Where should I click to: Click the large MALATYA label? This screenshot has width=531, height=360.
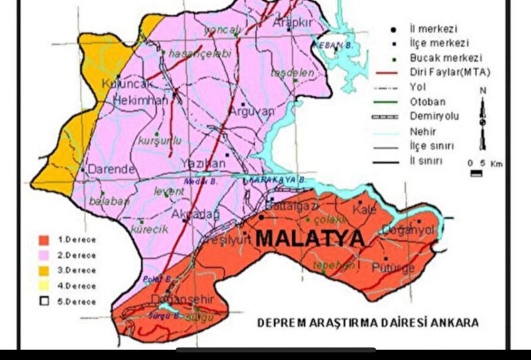310,238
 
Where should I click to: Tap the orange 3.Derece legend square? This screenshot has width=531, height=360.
44,270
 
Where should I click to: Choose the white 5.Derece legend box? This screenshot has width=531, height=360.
44,301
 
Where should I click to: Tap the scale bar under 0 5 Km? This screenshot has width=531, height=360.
476,173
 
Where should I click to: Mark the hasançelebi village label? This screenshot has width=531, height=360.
200,54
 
